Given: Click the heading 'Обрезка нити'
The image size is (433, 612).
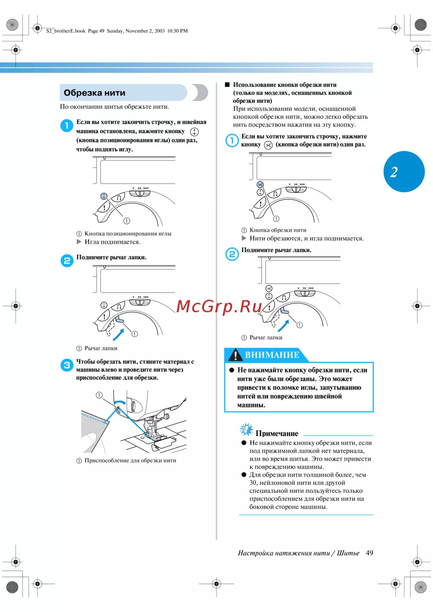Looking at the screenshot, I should coord(94,93).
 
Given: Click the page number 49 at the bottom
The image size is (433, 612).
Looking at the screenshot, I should coord(369,553).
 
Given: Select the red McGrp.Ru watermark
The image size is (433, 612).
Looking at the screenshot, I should coord(219,306).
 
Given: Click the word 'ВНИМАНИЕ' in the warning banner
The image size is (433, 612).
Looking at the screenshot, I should coord(272,355).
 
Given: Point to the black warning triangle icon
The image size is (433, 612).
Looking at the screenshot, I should coord(235,355).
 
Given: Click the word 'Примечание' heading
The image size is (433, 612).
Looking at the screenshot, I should coord(277,433).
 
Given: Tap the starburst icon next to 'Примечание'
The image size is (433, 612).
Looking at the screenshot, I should coord(246,429).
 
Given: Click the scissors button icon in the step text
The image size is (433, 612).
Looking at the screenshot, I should coord(268,145).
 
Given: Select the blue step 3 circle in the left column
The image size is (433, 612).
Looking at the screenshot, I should coord(67,365).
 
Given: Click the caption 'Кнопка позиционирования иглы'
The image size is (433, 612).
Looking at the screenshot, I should coord(128,234).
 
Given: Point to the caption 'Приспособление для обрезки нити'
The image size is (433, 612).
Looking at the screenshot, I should coord(130,461).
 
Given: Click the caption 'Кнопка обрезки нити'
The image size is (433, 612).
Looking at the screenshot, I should coord(278,230).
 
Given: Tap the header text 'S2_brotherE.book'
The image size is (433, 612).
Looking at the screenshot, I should coord(66,31).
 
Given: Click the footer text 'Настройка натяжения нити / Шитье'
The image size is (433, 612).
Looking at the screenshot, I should coord(298,553).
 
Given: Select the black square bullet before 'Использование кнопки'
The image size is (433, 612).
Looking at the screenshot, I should coord(227,85).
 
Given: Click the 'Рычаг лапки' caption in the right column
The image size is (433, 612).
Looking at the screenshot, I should coord(266,337).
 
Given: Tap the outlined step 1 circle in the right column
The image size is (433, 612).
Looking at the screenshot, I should coord(232,140).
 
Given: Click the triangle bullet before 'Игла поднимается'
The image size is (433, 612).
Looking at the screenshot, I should coord(79,242).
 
